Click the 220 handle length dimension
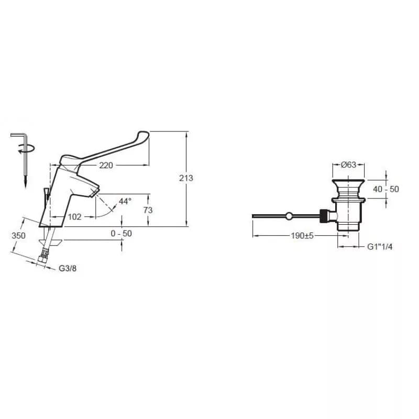tap(106, 166)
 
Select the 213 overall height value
tap(186, 178)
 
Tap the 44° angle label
tap(125, 201)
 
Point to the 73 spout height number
tap(148, 210)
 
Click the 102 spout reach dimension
tap(74, 217)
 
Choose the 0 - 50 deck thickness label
tap(122, 234)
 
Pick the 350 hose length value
tap(18, 236)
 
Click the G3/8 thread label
tap(68, 268)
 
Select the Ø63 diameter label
tap(348, 164)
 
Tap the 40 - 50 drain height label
tap(386, 189)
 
